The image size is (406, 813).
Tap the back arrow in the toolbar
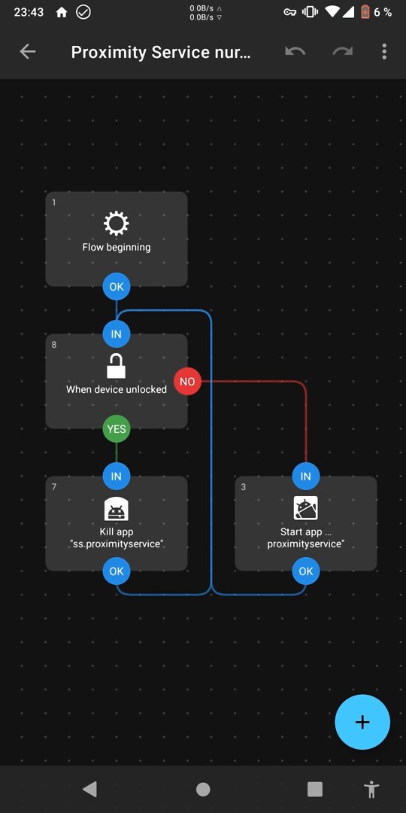[28, 51]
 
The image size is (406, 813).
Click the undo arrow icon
[295, 51]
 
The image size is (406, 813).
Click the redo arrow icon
[342, 51]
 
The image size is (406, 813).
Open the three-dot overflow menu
[383, 51]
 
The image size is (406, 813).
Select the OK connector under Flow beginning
[117, 286]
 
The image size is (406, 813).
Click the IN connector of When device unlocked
[117, 334]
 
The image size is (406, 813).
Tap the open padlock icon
[116, 366]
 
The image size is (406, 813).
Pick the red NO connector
[187, 382]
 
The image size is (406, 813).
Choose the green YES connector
[117, 429]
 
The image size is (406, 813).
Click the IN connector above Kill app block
[117, 476]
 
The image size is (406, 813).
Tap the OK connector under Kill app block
[117, 571]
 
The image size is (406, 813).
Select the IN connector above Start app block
[306, 476]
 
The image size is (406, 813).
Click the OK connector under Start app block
[306, 571]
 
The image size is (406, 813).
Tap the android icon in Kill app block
[116, 509]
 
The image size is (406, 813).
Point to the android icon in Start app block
[305, 508]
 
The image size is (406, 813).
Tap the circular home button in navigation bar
[203, 789]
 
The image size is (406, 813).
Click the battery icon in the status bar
[365, 12]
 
